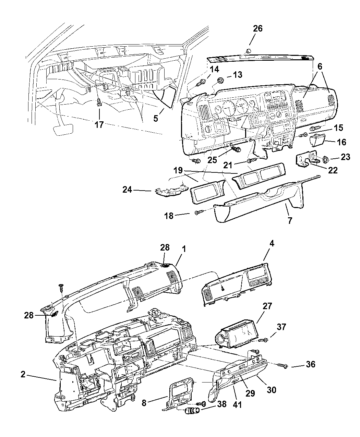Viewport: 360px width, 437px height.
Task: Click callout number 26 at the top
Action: pyautogui.click(x=257, y=28)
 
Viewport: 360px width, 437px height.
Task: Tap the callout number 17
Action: pyautogui.click(x=99, y=125)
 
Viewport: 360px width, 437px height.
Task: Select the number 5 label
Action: pyautogui.click(x=156, y=119)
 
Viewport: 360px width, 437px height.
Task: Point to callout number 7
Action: pyautogui.click(x=290, y=220)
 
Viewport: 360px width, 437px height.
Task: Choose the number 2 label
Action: pyautogui.click(x=23, y=374)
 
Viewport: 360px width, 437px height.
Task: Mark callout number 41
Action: pyautogui.click(x=237, y=404)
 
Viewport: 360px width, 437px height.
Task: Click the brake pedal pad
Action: pyautogui.click(x=63, y=129)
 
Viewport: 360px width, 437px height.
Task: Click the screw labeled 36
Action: pyautogui.click(x=284, y=366)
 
